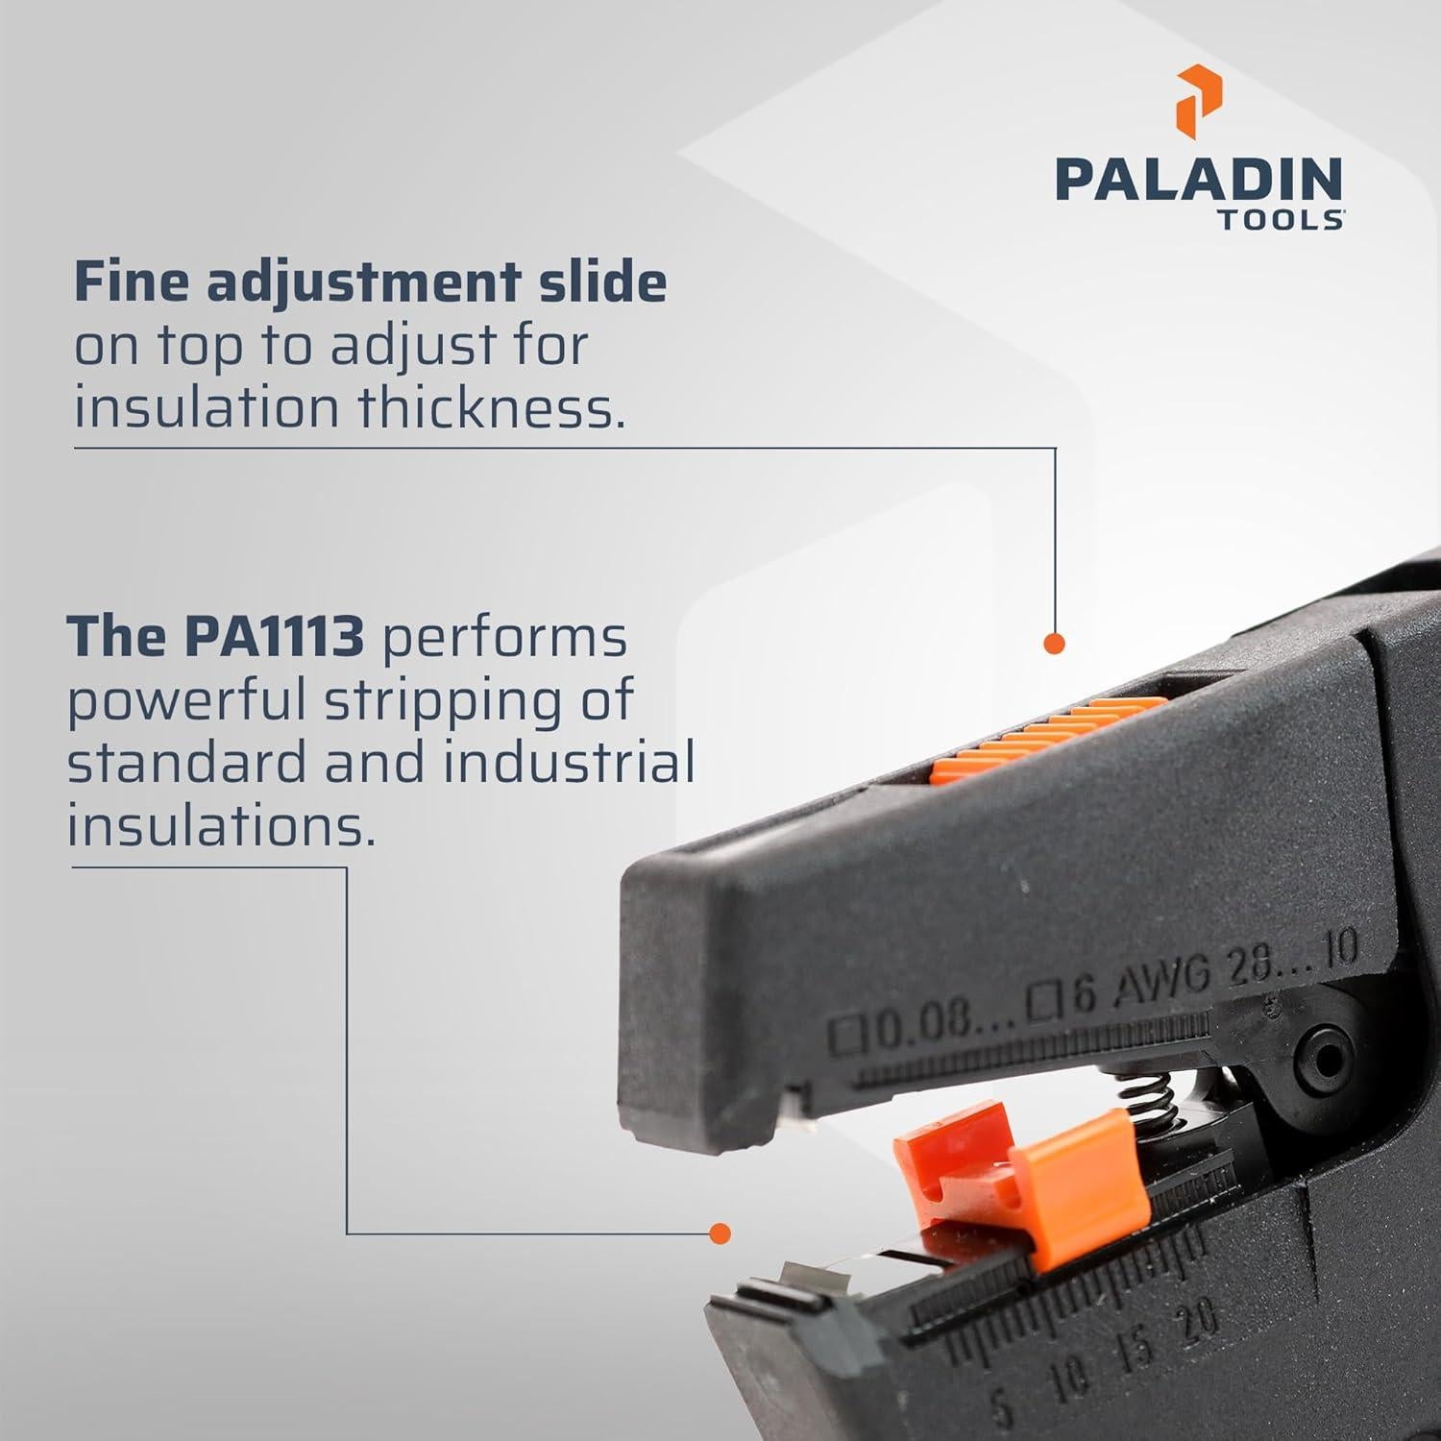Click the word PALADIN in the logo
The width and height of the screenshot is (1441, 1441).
point(1199,181)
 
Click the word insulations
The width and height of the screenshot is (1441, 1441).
point(220,824)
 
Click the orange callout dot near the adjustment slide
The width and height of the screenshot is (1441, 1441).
point(1054,644)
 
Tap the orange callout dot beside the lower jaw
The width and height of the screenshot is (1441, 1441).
point(719,1233)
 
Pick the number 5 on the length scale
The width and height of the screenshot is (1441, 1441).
point(1002,1410)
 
